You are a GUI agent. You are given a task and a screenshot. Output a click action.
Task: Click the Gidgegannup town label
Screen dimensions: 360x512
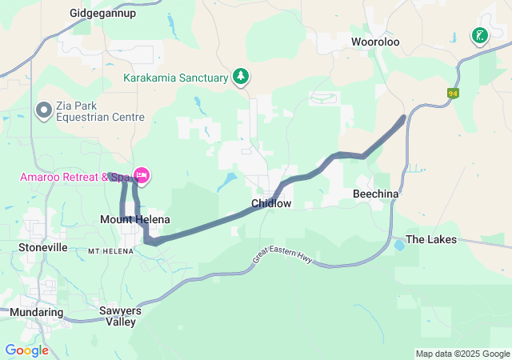click(102, 14)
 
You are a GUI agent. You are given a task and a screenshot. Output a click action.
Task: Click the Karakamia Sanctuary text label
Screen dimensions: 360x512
click(175, 78)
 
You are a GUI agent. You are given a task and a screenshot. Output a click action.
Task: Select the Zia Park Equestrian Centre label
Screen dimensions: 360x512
click(100, 111)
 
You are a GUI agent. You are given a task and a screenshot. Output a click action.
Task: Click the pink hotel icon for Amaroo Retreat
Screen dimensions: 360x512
click(142, 174)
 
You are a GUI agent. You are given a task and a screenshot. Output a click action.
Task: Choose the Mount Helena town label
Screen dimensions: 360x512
click(134, 219)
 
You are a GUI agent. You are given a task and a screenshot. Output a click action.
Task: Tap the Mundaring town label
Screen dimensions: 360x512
click(37, 311)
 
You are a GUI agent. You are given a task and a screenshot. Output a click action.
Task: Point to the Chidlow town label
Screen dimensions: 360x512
click(271, 204)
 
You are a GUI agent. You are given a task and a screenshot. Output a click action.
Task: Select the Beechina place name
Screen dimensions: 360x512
click(376, 194)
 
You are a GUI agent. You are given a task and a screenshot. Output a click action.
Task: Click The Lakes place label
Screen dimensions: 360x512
click(431, 239)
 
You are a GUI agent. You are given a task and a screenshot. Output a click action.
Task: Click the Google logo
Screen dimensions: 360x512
click(26, 350)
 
